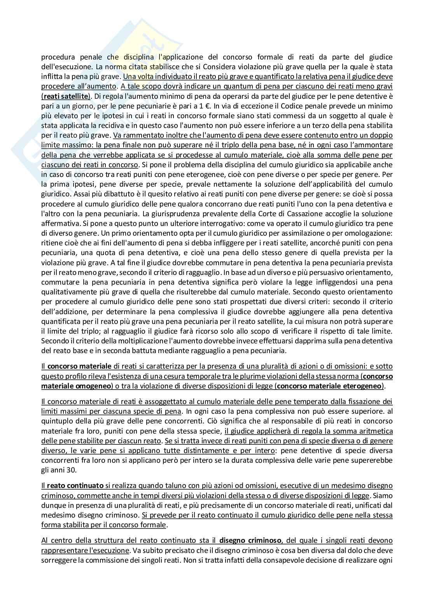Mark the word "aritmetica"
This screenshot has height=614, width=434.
[x=376, y=431]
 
